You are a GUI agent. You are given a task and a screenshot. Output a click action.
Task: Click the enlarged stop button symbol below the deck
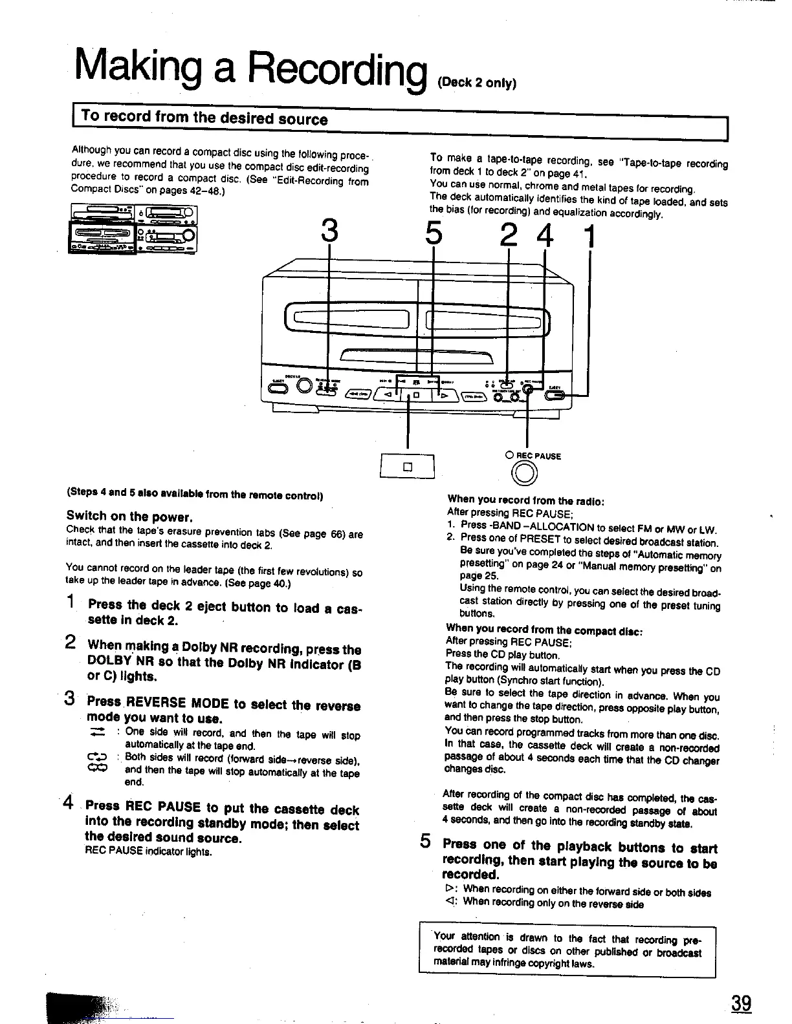tap(408, 467)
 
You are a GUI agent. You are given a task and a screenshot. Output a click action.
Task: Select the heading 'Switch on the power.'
tap(130, 517)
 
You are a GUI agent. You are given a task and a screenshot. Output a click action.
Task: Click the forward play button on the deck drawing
tap(446, 394)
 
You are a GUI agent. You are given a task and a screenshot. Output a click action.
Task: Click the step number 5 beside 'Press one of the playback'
tap(425, 841)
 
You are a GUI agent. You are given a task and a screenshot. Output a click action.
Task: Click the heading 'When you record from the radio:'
tap(526, 500)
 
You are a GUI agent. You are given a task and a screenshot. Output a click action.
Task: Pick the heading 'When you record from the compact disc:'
tap(544, 628)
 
